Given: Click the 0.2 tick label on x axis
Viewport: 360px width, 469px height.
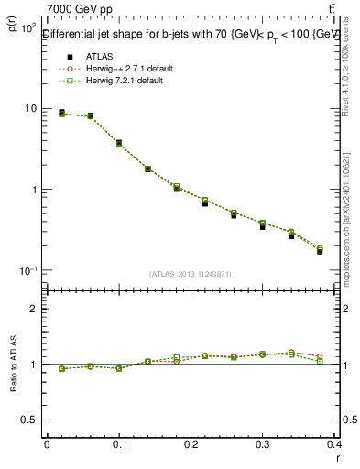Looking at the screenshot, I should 191,445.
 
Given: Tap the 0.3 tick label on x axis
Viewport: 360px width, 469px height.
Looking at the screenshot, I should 262,445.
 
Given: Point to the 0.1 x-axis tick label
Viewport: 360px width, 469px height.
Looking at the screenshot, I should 118,445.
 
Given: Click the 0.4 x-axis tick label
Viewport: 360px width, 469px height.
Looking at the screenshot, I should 333,445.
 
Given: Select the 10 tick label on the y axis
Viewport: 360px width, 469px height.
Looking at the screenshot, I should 29,109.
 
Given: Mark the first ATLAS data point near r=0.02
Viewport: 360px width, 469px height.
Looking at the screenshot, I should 61,113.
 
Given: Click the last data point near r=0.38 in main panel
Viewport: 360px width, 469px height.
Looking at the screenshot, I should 320,250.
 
